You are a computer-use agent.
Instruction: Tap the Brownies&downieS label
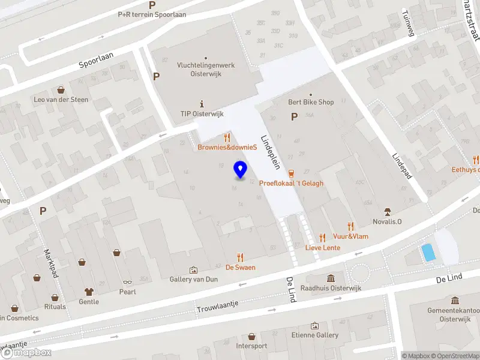tap(227, 148)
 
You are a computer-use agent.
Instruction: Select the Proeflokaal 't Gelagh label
tap(291, 183)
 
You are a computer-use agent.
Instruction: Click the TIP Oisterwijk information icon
tap(202, 103)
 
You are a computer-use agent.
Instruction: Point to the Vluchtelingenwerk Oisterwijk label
tap(205, 69)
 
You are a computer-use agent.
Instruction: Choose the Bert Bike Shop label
tap(310, 102)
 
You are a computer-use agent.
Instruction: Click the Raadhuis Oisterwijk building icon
tap(331, 278)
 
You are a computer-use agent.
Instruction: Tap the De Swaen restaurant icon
tap(241, 257)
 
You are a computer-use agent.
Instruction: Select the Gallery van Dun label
tap(193, 280)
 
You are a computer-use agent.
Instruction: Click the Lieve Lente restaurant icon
tap(323, 237)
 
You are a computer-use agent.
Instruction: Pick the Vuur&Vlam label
tap(351, 236)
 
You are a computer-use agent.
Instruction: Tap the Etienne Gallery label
tap(314, 335)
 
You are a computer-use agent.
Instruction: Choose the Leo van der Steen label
tap(61, 100)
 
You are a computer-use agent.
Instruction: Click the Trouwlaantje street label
tap(217, 306)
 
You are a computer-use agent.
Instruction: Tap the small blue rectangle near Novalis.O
tap(428, 252)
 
